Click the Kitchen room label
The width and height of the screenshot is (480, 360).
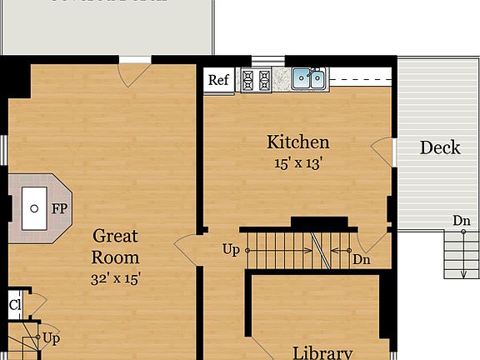[297, 142]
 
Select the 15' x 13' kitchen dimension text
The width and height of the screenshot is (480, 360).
[297, 163]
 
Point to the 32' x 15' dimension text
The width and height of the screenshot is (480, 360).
[115, 278]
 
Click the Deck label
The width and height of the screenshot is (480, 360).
[439, 147]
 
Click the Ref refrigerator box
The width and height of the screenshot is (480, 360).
[218, 80]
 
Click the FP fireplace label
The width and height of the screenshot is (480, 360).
[59, 209]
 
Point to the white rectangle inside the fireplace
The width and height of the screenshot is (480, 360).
[34, 208]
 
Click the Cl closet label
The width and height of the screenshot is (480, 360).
[15, 304]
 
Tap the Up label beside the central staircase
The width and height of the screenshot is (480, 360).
[231, 248]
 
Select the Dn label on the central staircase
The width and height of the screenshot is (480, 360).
[361, 260]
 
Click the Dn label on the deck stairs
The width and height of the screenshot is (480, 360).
[462, 220]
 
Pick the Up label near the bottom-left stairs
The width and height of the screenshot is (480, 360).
[51, 338]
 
